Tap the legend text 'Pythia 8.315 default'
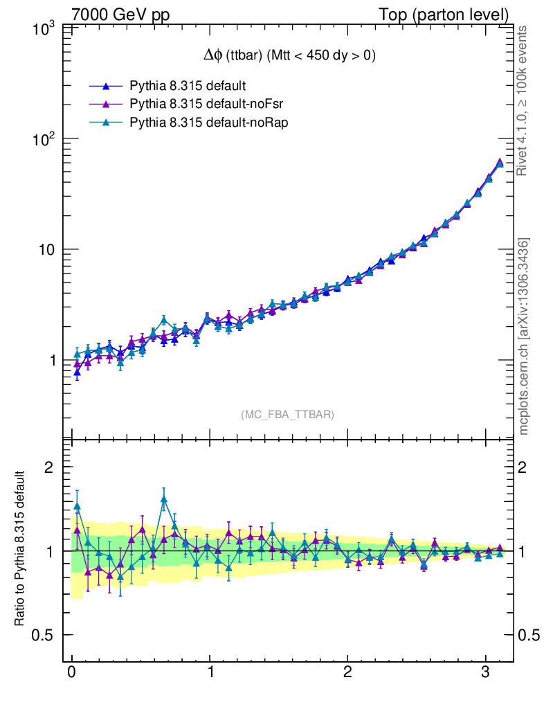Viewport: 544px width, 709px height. (x=179, y=87)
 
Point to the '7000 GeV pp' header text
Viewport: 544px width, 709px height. (x=121, y=15)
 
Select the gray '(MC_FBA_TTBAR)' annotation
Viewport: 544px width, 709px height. (x=288, y=415)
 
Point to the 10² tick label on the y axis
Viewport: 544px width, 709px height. (x=44, y=138)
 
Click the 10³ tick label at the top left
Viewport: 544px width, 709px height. (x=44, y=28)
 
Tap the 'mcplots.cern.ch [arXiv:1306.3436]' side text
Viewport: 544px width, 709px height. (x=525, y=336)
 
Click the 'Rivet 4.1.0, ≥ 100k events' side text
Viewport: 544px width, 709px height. (x=525, y=100)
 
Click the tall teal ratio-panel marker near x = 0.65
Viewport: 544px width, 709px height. (x=164, y=499)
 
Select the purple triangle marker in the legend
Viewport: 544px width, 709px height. (x=106, y=105)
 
